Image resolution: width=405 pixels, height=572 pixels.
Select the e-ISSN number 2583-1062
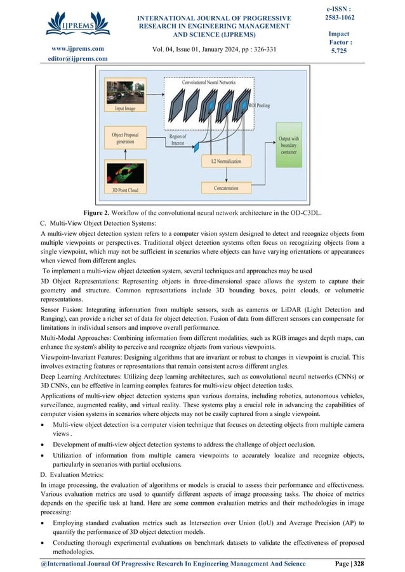(x=340, y=17)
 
